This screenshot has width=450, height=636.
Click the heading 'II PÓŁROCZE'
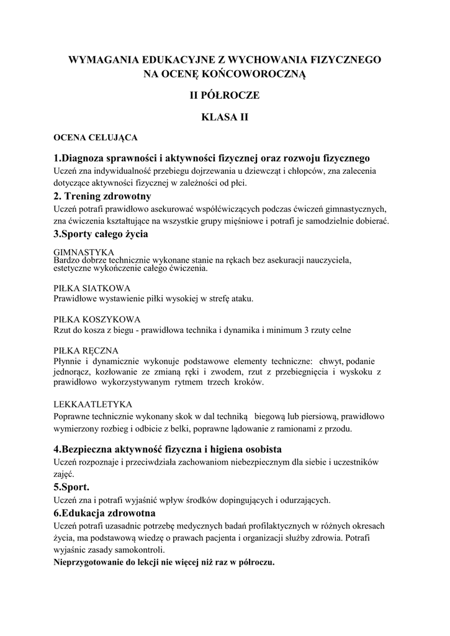click(x=225, y=96)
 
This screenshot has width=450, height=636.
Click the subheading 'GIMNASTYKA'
click(x=84, y=252)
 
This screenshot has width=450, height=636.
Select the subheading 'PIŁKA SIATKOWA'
click(x=92, y=288)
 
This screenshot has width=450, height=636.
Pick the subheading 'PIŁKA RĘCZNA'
click(x=86, y=350)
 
